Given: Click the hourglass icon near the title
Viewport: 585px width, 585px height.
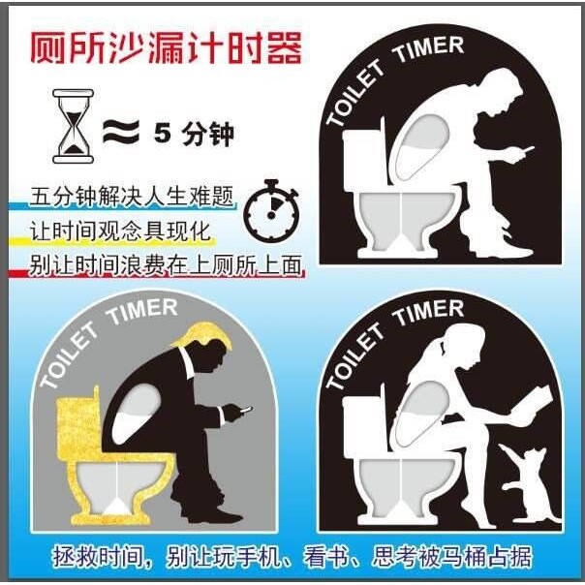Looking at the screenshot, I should tap(71, 126).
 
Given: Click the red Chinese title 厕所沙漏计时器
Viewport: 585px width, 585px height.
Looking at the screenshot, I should tap(164, 47).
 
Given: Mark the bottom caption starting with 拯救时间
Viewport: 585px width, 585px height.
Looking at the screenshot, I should tap(292, 557).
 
